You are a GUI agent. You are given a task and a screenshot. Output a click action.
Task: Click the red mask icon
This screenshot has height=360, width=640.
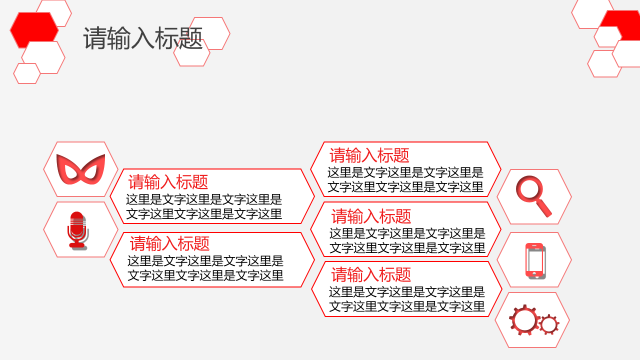coord(81,169)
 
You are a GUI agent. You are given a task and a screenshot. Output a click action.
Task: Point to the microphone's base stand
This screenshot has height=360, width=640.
coord(77,245)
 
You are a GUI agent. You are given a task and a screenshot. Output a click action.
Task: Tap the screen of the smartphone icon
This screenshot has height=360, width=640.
coord(534,260)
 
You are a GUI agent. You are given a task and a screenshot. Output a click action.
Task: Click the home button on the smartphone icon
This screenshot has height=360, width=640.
coord(534,274)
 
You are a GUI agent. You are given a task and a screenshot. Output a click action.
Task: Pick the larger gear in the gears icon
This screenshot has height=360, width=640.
coord(524,319)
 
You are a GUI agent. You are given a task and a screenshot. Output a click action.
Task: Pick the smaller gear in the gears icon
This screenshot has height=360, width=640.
coord(549,324)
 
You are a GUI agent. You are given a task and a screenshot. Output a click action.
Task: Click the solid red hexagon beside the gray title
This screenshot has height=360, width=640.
coord(34,30)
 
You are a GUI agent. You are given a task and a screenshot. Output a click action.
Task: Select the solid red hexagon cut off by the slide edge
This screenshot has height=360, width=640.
coord(621,25)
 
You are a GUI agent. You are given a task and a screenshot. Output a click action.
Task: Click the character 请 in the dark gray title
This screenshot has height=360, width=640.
coord(95,38)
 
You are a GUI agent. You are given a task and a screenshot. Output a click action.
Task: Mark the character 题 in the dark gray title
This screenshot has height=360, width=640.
coord(191,38)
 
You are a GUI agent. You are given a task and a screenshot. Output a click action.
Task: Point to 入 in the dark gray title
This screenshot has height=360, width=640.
coord(143,38)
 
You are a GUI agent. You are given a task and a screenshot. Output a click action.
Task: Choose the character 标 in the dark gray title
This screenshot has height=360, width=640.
coord(167,38)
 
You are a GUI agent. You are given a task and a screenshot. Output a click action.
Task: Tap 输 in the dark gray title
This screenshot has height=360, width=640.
coord(119,38)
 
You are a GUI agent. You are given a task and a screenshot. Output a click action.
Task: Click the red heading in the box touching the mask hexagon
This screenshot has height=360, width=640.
coord(168,181)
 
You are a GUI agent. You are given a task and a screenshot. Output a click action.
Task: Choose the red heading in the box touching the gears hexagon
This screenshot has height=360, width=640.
coord(371,274)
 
